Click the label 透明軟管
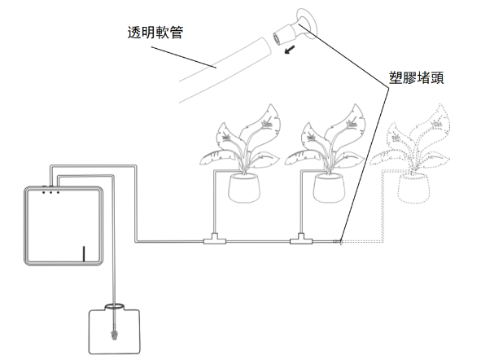155,33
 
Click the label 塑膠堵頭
416,77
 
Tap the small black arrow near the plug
290,49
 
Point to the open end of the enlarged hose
266,46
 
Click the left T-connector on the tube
215,239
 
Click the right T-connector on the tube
301,239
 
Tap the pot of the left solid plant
244,188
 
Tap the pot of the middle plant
329,188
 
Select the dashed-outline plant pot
413,188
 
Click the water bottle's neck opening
115,306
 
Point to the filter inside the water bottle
115,335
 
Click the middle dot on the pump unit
51,192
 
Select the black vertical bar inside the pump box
84,254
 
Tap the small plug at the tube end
338,242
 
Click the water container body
115,331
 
